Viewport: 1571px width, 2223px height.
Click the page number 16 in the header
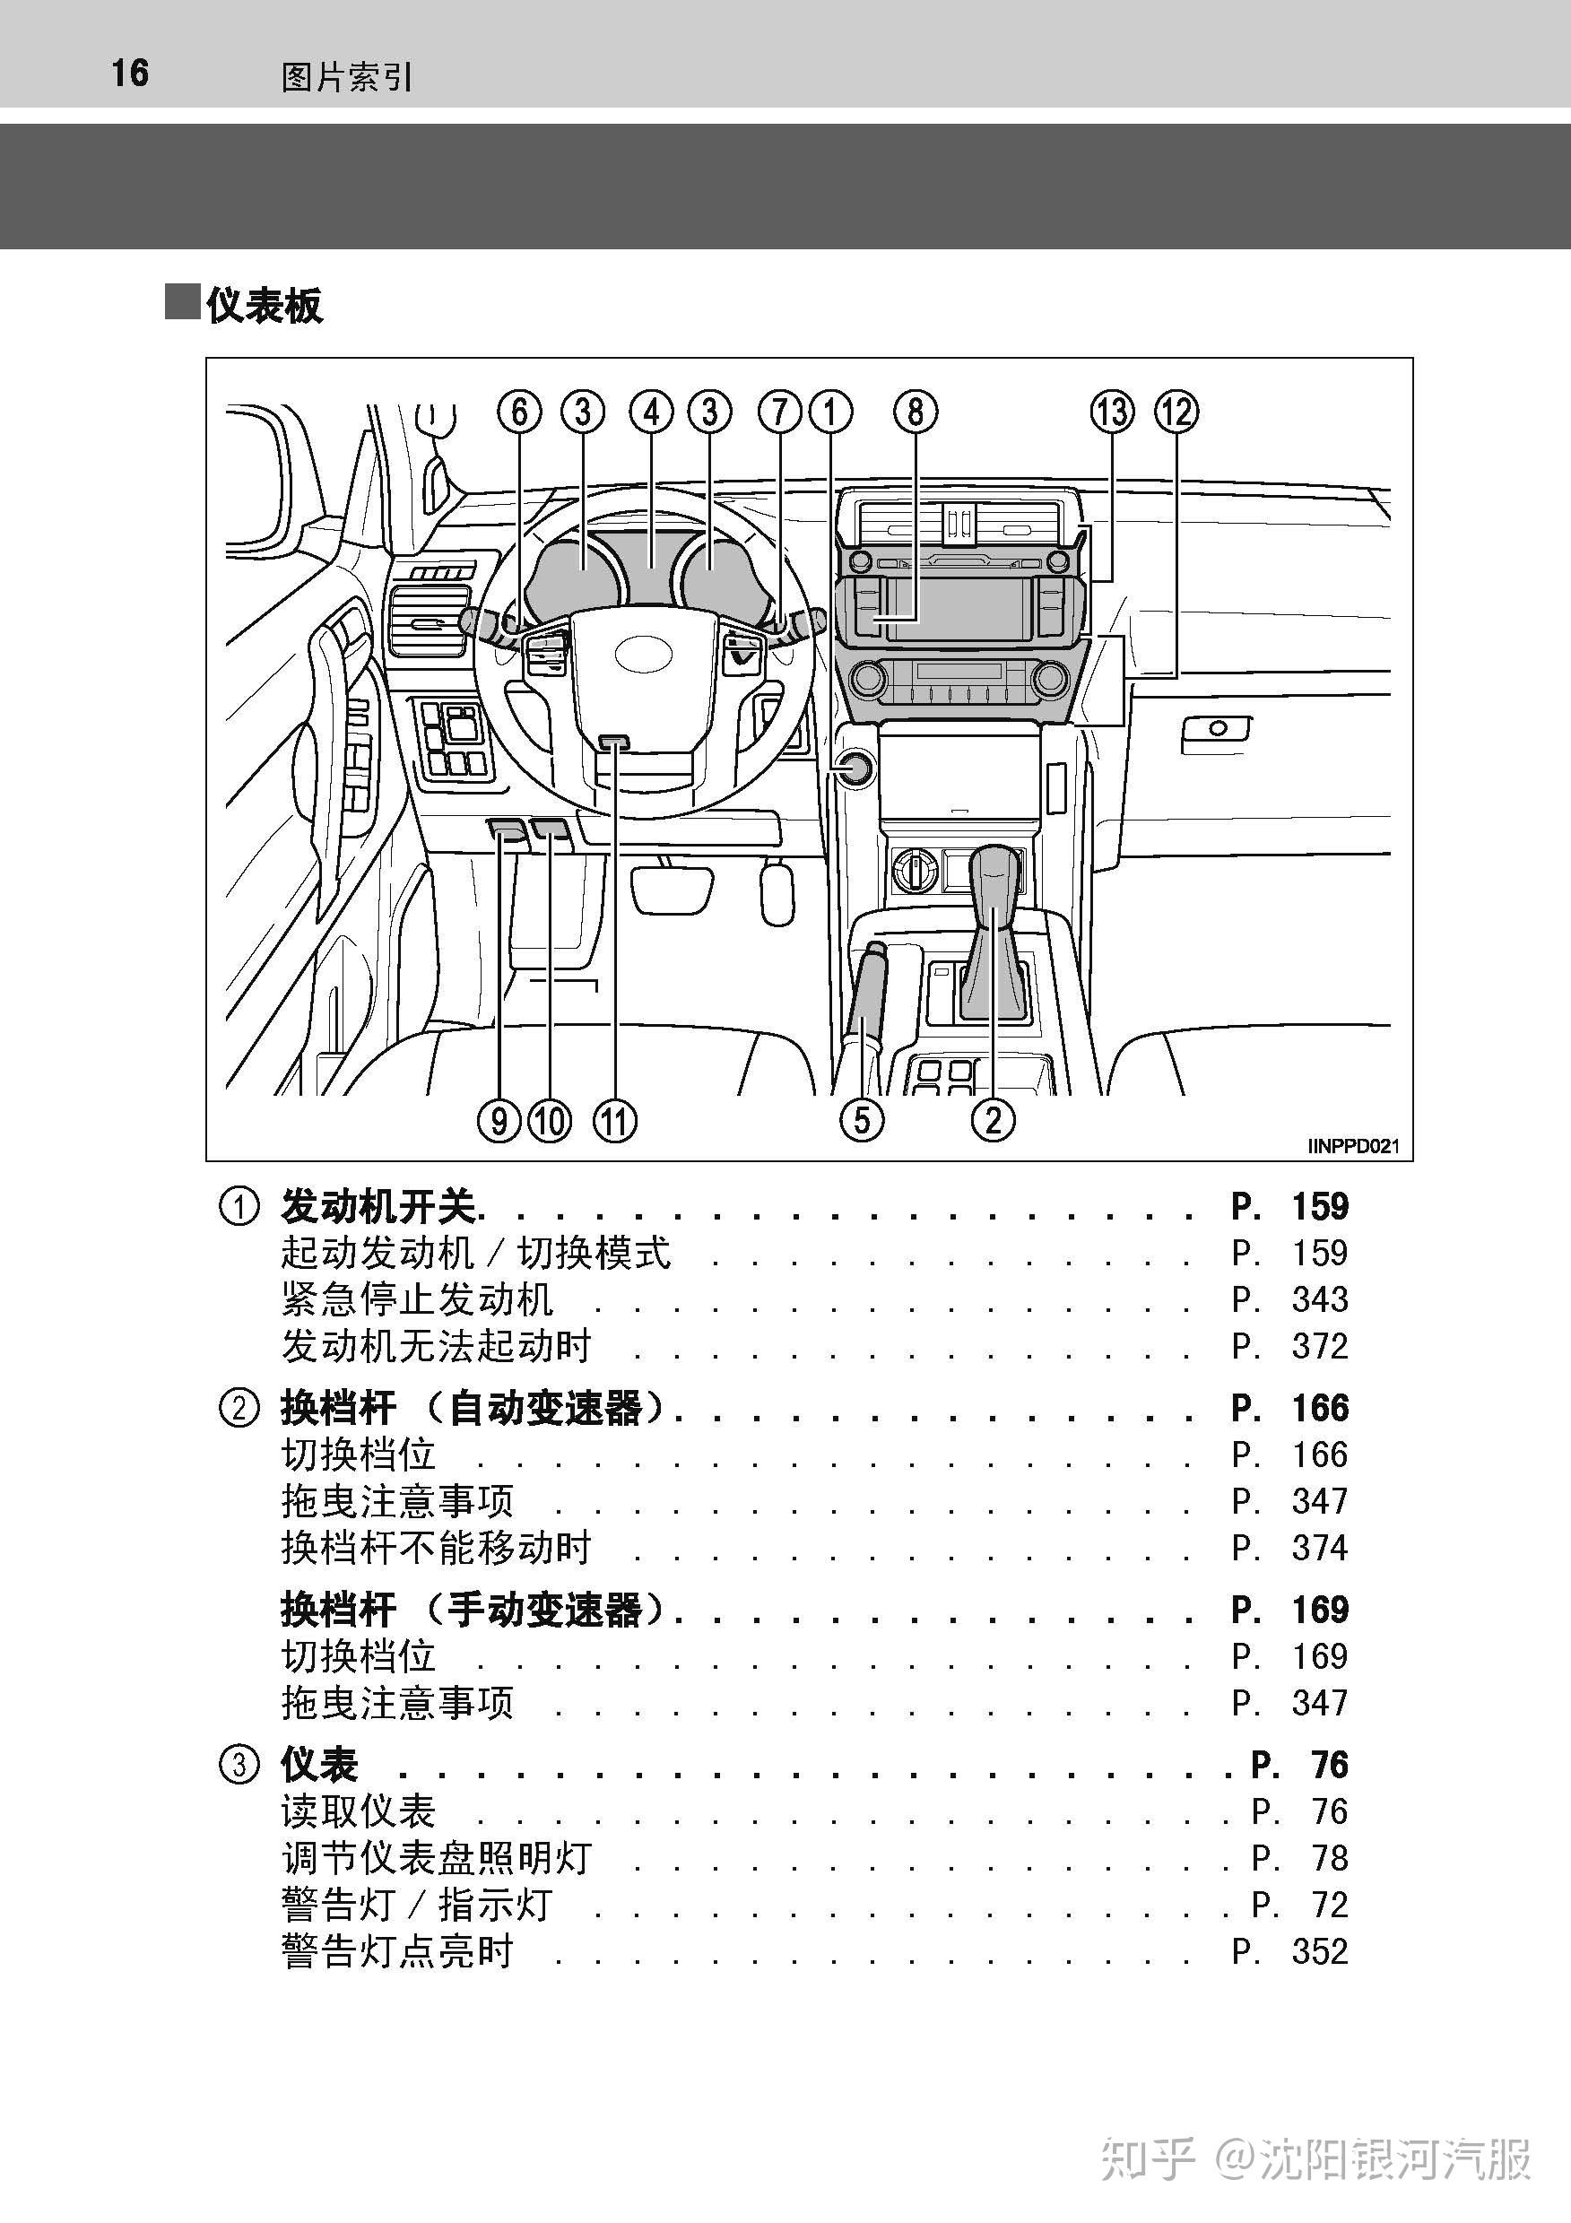(130, 73)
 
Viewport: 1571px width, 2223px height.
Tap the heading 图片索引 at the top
(346, 76)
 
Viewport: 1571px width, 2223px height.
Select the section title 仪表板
(264, 305)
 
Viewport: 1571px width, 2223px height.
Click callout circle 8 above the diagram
(915, 412)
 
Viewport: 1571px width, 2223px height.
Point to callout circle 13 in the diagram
(1112, 412)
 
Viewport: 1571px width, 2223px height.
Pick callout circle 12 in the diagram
(1176, 412)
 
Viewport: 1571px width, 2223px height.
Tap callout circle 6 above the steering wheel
(520, 412)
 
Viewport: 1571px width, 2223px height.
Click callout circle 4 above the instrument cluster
(651, 412)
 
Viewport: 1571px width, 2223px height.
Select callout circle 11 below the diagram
(614, 1121)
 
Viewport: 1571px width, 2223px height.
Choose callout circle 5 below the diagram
(862, 1121)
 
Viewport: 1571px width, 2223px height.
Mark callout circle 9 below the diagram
(499, 1121)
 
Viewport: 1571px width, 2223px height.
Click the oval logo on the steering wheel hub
(643, 654)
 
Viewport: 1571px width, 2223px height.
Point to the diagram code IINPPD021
(1353, 1146)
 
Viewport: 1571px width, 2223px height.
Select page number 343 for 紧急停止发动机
(1319, 1299)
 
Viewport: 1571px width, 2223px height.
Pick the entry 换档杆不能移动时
(436, 1547)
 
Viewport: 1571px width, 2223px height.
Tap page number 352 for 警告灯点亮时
(1319, 1951)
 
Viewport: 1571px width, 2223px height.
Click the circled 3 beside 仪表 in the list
(239, 1764)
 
